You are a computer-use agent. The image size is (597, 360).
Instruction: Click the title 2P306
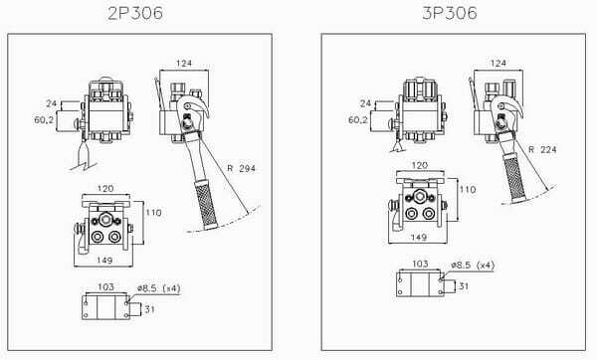tap(135, 13)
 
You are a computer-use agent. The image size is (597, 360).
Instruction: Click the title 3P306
tap(450, 13)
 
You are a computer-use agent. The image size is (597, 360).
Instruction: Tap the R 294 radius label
tap(242, 168)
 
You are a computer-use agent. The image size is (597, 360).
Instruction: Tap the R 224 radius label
tap(542, 149)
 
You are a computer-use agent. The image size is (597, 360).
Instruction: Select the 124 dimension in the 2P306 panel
tap(184, 64)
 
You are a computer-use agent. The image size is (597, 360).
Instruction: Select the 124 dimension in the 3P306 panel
tap(498, 64)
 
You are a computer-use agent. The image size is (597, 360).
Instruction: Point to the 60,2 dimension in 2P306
tap(44, 120)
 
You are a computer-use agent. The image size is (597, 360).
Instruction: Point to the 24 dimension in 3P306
tap(365, 103)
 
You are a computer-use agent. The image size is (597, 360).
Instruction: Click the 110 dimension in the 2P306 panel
tap(153, 213)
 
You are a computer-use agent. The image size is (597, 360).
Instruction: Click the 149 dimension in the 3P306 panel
tap(419, 237)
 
